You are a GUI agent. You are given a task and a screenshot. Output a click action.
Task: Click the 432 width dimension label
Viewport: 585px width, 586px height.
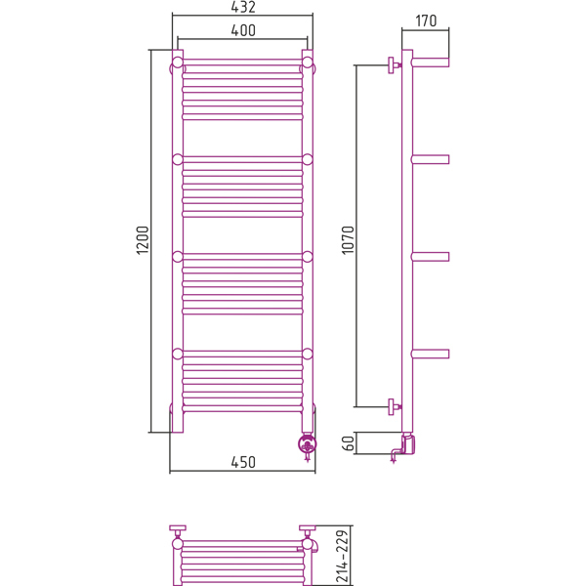click(x=243, y=7)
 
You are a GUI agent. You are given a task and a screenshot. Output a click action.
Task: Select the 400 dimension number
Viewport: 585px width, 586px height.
click(x=243, y=30)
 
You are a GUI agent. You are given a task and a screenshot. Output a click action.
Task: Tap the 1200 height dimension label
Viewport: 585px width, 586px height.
click(x=143, y=240)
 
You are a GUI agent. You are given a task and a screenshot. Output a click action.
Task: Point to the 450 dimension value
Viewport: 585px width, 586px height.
click(x=243, y=462)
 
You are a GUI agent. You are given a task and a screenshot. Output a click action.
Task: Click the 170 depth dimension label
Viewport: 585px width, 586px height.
click(x=426, y=21)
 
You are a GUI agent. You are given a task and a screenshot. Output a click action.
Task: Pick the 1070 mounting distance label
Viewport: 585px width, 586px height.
click(x=348, y=240)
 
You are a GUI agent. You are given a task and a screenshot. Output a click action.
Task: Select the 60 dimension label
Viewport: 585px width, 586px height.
click(x=348, y=443)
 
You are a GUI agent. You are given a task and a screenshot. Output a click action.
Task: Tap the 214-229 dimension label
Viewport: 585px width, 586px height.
click(x=343, y=556)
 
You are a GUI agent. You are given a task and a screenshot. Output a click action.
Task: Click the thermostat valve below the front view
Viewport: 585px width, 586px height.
click(x=308, y=445)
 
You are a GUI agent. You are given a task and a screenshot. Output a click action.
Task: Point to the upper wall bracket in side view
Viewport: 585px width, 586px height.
click(x=394, y=65)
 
